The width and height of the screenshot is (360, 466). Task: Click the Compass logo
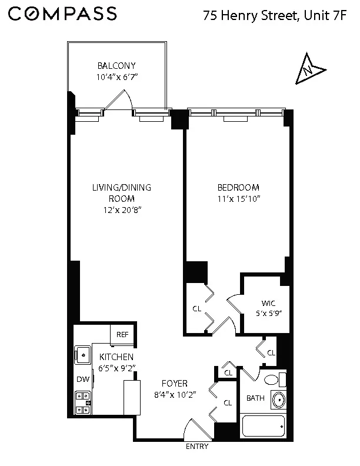click(62, 15)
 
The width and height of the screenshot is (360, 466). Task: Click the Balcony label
click(116, 66)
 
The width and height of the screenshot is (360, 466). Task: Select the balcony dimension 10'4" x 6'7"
click(116, 77)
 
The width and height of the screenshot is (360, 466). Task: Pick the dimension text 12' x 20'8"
click(121, 210)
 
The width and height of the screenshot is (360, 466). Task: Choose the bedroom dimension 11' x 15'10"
click(238, 199)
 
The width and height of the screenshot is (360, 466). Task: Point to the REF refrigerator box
click(122, 335)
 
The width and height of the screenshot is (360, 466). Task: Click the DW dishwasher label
click(83, 379)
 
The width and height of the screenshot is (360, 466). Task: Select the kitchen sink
click(82, 355)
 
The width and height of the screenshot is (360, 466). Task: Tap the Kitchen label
click(116, 357)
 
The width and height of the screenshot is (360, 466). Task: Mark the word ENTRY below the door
click(196, 447)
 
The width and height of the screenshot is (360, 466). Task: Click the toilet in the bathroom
click(273, 379)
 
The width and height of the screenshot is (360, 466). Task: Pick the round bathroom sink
click(278, 400)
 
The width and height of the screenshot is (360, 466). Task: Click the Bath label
click(255, 398)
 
